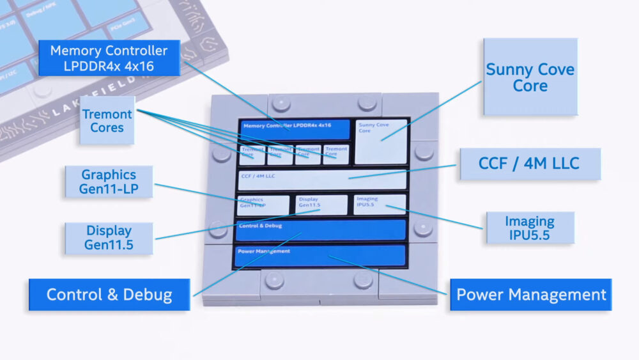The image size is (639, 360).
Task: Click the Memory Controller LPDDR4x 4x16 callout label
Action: (109, 58)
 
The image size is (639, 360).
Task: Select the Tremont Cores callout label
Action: (107, 120)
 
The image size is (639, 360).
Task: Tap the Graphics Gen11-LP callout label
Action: (109, 182)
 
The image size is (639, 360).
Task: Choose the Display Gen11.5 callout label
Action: (109, 238)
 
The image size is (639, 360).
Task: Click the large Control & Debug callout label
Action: (109, 295)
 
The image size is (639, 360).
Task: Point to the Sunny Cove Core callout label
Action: (530, 77)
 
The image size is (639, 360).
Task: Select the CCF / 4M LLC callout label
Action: (529, 163)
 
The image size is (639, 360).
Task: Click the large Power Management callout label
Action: (530, 295)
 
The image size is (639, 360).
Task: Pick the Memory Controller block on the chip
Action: (295, 129)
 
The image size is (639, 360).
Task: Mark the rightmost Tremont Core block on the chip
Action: (335, 154)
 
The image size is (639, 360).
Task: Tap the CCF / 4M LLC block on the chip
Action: (322, 180)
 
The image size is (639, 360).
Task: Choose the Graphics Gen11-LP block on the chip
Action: (263, 205)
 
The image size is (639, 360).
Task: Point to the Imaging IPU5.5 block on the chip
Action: (380, 204)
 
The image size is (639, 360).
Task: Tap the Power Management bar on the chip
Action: (320, 256)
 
